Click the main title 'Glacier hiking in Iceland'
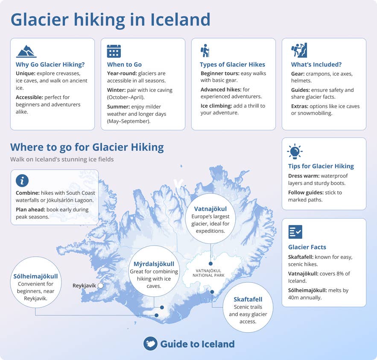[110, 20]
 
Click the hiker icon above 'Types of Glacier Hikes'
[205, 50]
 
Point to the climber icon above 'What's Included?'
[299, 50]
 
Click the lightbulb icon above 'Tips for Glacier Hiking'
[295, 152]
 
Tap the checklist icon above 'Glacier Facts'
[295, 232]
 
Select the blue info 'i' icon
[22, 179]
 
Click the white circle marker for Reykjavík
[100, 285]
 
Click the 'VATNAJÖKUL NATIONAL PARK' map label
[209, 273]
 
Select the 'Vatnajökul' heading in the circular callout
[210, 209]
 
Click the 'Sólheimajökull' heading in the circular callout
[35, 276]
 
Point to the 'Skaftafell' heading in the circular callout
[248, 299]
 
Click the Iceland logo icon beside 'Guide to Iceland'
[150, 344]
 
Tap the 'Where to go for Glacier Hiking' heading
[87, 147]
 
